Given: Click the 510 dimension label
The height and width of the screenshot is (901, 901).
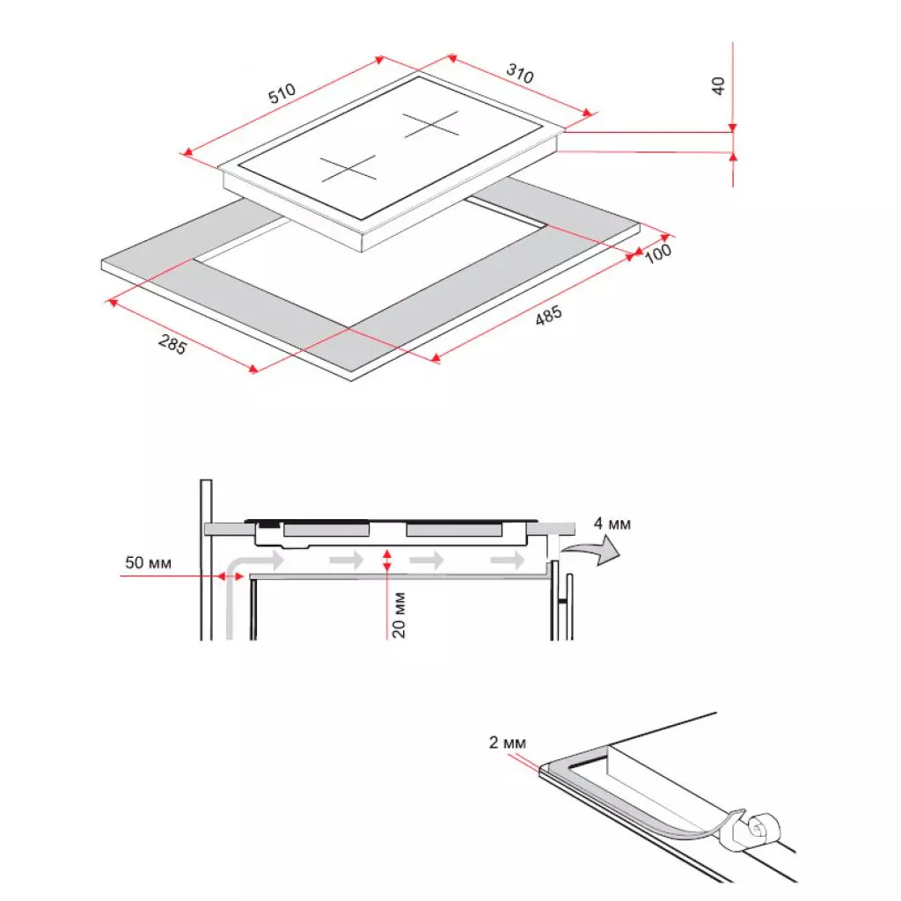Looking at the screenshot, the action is click(282, 93).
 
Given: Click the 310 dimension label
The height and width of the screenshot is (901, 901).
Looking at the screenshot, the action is click(520, 73).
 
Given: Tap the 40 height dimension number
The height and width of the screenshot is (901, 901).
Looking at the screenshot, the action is click(718, 86).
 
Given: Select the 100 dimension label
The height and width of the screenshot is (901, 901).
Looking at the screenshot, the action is click(658, 253).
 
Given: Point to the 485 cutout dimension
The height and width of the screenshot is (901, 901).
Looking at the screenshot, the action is click(549, 316).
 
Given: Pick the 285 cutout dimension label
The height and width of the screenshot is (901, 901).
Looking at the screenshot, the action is click(172, 344).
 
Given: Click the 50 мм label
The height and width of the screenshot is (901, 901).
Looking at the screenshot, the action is click(148, 562).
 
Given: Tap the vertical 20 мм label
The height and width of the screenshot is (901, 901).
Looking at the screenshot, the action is click(399, 615).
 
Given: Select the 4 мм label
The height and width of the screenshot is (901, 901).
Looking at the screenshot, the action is click(612, 524).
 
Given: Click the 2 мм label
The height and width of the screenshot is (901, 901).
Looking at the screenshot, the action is click(508, 743).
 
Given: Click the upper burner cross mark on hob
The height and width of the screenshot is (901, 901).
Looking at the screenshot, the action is click(431, 124).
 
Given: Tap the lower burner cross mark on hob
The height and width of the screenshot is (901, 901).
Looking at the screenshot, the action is click(348, 168).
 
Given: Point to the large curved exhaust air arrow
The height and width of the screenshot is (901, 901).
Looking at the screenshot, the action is click(592, 551).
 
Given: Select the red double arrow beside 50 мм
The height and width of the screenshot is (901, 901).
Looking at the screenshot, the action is click(231, 575).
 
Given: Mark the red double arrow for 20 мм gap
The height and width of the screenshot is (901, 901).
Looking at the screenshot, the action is click(387, 560).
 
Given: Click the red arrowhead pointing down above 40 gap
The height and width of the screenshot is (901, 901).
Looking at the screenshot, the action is click(733, 128).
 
